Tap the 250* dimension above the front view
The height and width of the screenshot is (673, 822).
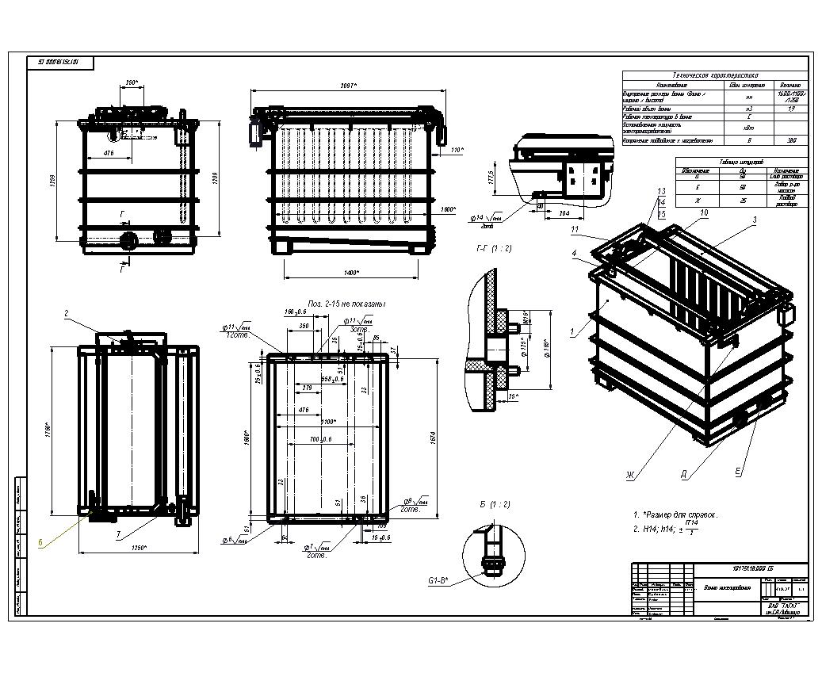132,82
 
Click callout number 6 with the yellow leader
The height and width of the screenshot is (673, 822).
40,543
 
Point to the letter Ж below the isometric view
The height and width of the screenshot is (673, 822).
629,476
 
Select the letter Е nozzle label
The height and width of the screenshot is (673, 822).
737,472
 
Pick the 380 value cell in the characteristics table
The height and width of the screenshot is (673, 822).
790,141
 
